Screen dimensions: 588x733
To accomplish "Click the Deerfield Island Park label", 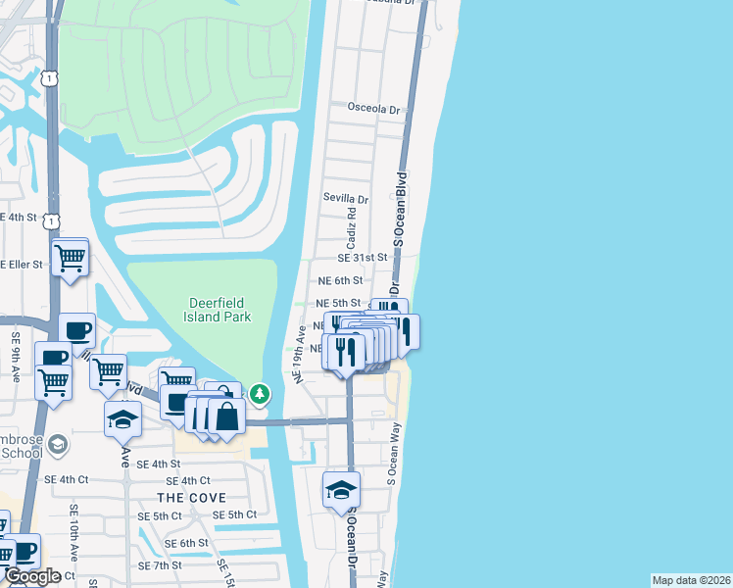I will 218,310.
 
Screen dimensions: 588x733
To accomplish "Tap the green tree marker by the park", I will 259,394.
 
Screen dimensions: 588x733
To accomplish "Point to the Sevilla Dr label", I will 345,197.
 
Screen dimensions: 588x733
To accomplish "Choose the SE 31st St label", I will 363,257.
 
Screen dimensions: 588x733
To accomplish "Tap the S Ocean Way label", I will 394,463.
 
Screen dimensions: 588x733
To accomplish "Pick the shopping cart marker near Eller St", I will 71,259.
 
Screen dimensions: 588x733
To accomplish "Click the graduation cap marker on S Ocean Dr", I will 341,490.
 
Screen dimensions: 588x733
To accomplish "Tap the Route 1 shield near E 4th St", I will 50,222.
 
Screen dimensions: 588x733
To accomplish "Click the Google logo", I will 32,576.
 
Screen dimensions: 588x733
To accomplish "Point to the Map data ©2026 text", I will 691,580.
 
